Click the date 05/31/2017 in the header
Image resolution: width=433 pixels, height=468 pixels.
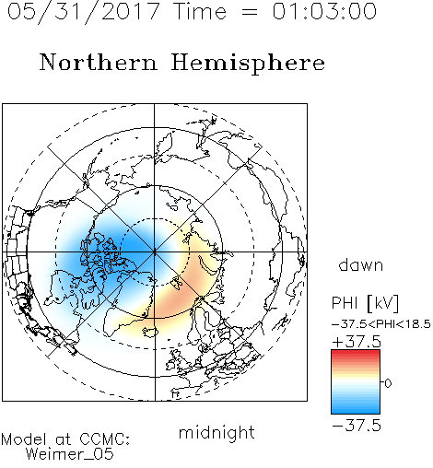coord(84,12)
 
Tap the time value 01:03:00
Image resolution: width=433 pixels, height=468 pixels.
coord(324,11)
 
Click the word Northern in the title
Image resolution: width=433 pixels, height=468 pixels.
coord(98,63)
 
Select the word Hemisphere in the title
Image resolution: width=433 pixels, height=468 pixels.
coord(248,63)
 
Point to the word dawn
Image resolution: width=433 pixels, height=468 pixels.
coord(361,265)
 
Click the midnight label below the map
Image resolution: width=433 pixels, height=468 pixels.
coord(216,433)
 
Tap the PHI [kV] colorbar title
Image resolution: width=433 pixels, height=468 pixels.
coord(365,303)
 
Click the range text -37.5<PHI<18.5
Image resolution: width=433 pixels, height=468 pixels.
coord(381,324)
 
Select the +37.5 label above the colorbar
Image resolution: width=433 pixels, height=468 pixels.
coord(357,342)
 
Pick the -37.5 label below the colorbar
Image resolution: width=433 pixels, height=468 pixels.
coord(357,426)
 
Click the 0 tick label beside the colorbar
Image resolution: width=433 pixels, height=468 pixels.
coord(388,383)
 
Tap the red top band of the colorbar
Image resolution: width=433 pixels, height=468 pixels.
coord(356,353)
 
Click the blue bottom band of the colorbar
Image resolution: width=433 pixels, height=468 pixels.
coord(356,411)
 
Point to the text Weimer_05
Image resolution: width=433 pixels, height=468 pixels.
coord(70,454)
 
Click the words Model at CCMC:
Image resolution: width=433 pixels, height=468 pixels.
coord(65,439)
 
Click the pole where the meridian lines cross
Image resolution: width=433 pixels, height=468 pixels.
coord(155,252)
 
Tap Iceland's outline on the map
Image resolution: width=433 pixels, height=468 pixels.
coord(150,333)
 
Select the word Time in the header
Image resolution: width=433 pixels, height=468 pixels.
coord(200,11)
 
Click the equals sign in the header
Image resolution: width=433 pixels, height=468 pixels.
coord(249,12)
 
